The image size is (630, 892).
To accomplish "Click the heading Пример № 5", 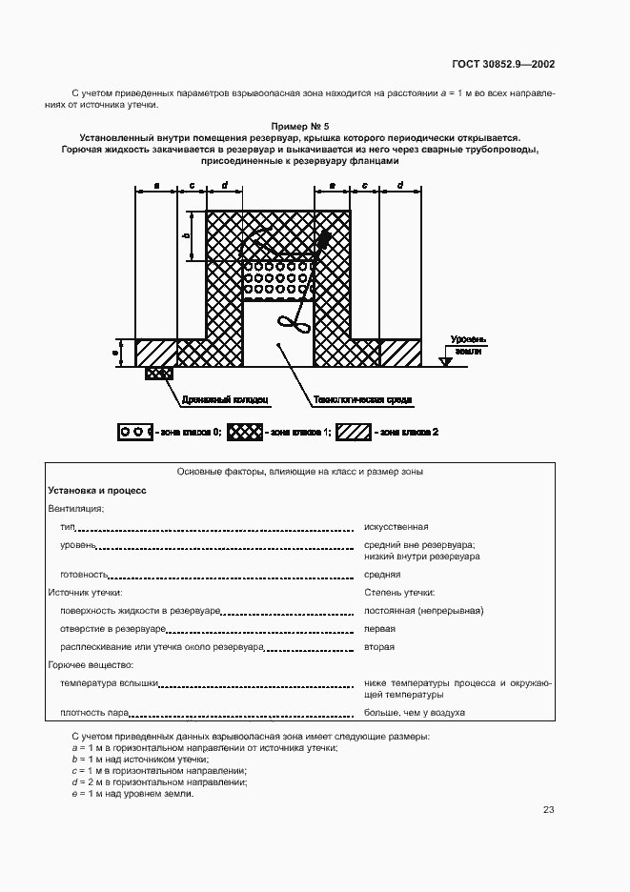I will [300, 126].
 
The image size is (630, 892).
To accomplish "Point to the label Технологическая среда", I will [351, 400].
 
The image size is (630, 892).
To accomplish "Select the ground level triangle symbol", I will [445, 361].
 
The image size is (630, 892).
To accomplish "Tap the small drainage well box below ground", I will [158, 374].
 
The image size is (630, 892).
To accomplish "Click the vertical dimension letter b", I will [187, 235].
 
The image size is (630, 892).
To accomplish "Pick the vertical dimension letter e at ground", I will [116, 352].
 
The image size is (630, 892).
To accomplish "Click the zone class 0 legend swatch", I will [132, 432].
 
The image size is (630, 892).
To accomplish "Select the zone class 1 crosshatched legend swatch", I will [247, 432].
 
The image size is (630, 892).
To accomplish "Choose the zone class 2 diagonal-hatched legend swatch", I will [355, 432].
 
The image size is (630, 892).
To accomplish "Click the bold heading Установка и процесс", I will [97, 490].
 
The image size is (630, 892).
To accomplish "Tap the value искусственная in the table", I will [396, 526].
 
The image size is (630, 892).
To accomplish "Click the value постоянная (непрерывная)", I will [423, 610].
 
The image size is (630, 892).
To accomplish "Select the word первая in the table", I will [379, 629].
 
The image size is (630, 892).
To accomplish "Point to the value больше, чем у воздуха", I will [414, 713].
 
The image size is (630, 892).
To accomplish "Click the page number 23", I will [548, 810].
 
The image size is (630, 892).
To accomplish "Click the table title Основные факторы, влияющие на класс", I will [300, 472].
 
